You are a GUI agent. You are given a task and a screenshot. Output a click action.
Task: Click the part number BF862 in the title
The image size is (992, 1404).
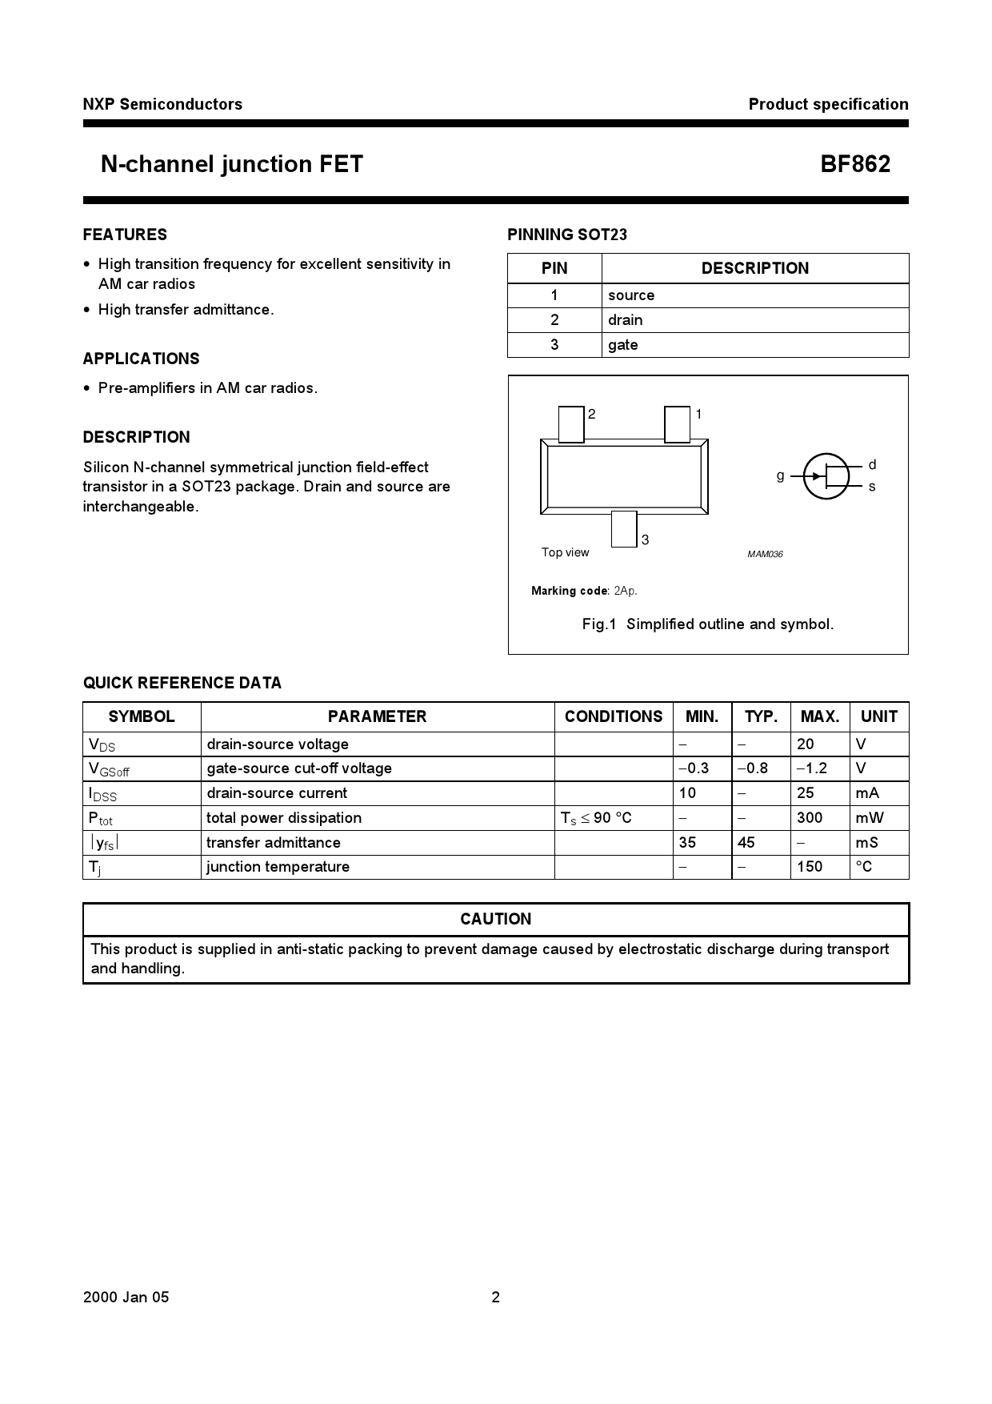(x=854, y=164)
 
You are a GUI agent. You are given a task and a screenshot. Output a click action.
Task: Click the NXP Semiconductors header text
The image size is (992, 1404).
(x=162, y=104)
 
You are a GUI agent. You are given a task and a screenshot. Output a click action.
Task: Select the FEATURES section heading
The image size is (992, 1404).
(x=125, y=235)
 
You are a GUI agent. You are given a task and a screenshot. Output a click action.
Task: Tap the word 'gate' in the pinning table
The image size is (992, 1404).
(x=622, y=345)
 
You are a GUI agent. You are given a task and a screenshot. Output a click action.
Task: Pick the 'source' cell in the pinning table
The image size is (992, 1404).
(x=630, y=295)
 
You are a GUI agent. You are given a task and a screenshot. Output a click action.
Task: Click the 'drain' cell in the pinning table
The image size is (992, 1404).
(x=625, y=320)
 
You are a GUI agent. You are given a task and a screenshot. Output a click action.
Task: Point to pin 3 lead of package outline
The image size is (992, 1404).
(x=624, y=529)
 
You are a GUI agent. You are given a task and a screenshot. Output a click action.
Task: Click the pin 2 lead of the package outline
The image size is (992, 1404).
(x=571, y=424)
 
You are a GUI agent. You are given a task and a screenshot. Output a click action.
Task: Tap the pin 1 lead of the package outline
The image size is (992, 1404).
(x=677, y=424)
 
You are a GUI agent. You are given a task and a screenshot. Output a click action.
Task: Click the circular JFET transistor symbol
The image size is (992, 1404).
(x=826, y=476)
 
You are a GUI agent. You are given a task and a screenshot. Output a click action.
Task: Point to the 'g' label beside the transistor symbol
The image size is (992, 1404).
(x=780, y=475)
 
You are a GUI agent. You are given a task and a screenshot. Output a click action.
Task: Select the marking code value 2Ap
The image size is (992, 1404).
(x=626, y=591)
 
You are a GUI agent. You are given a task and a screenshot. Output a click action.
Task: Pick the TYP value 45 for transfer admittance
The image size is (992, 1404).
(x=747, y=843)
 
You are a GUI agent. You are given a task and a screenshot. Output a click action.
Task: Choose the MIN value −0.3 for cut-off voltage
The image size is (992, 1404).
(x=694, y=768)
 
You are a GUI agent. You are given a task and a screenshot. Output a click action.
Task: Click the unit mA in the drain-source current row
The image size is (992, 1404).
(x=867, y=793)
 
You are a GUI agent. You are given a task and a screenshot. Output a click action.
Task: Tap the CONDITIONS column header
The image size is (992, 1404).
(x=614, y=716)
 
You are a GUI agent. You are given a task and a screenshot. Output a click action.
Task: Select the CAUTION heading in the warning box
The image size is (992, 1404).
(x=495, y=919)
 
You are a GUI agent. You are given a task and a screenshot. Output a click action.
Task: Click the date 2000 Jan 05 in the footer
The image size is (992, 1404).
(x=126, y=1298)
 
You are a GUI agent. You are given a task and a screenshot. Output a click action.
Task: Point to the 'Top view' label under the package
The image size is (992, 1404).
(x=565, y=552)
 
